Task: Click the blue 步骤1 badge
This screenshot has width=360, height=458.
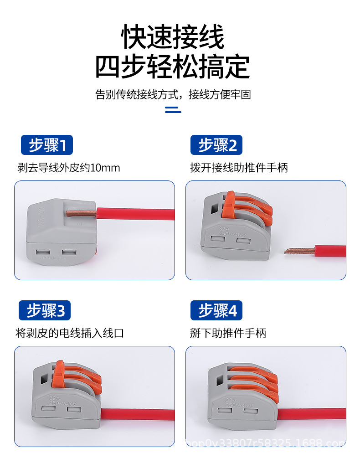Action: tap(47, 145)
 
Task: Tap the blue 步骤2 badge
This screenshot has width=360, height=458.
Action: tap(216, 145)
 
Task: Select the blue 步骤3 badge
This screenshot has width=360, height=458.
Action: tap(45, 311)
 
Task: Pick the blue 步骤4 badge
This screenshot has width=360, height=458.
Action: tap(216, 311)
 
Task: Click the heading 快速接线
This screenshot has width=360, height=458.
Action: tap(173, 37)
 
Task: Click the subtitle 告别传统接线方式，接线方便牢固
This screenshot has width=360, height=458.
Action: tap(173, 95)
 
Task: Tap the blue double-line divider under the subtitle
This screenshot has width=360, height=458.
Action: tap(173, 110)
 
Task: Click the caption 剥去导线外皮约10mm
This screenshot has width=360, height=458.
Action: tap(69, 168)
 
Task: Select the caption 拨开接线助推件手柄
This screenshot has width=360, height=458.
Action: tap(239, 168)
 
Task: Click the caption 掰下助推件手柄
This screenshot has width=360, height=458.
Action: tap(228, 333)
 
